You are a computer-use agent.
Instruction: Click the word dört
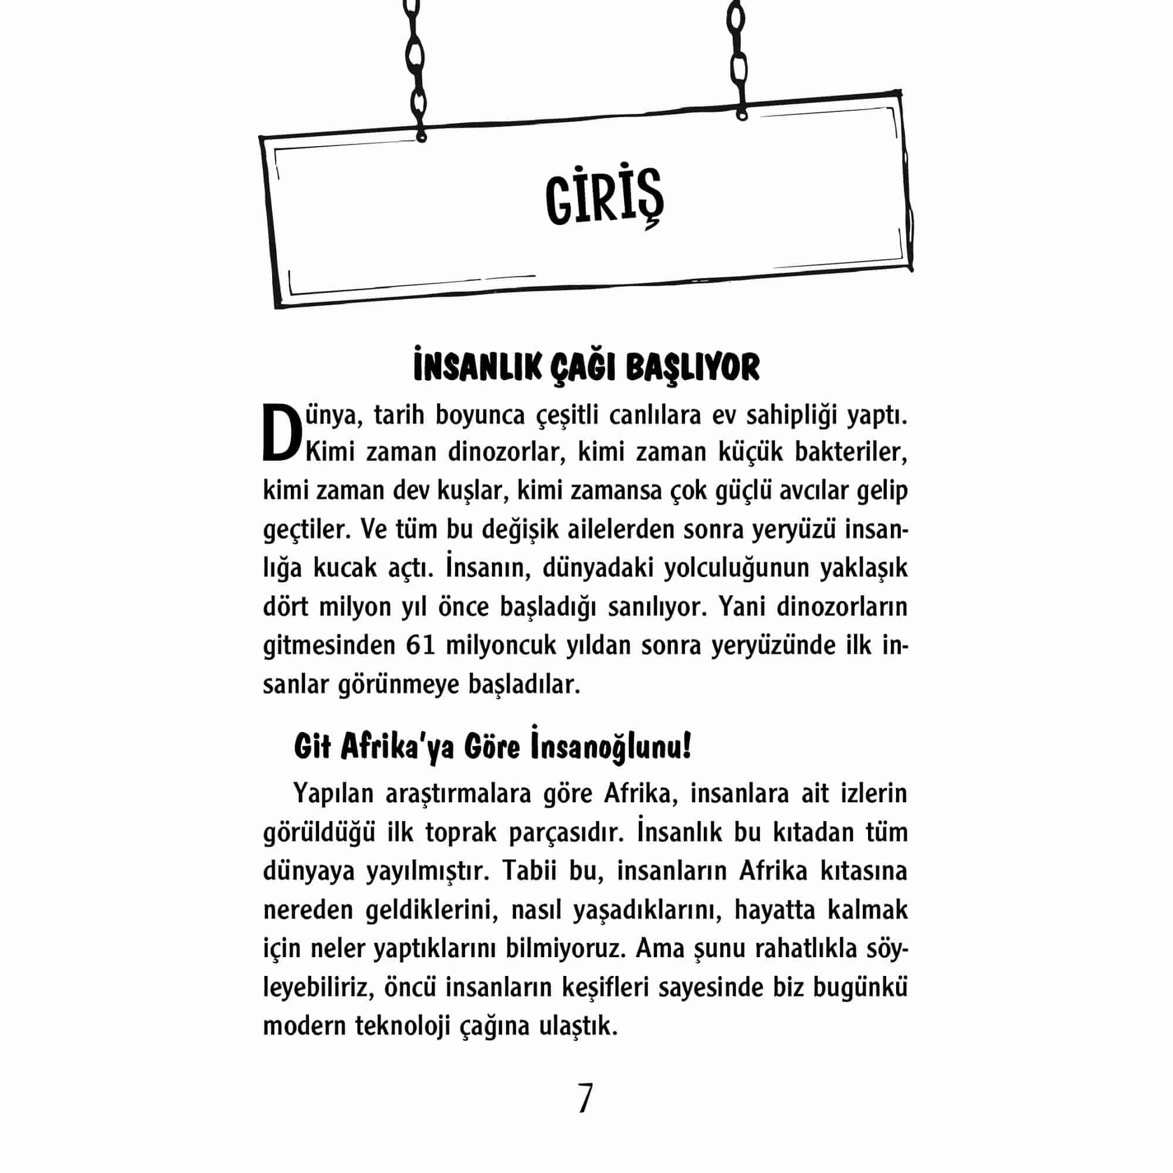pos(286,607)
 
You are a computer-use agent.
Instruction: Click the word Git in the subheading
pos(312,747)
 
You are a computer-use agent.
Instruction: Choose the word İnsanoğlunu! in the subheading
pos(611,747)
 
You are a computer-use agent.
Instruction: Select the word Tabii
pos(525,872)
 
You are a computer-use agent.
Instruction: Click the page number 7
pos(585,1098)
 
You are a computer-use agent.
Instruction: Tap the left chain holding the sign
pos(415,67)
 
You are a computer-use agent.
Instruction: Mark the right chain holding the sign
pos(738,57)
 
